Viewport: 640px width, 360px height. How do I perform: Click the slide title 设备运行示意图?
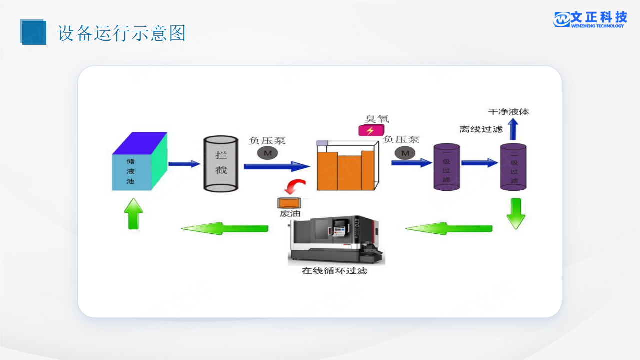coord(121,33)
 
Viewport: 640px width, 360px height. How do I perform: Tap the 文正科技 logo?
coord(590,19)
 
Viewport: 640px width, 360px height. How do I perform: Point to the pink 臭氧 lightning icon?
coord(371,131)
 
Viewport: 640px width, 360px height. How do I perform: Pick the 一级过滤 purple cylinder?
coord(446,167)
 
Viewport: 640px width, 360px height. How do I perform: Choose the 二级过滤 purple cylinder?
coord(513,167)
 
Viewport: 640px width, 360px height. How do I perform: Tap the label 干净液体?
coord(508,112)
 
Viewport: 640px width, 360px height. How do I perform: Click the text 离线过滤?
coord(481,129)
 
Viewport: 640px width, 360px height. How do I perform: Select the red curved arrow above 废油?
coord(294,187)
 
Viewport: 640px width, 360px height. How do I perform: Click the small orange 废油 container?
coord(289,203)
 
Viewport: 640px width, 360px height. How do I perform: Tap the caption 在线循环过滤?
coord(334,271)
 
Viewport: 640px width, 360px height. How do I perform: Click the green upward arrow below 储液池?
coord(133,213)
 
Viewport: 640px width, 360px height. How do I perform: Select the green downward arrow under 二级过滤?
coord(516,213)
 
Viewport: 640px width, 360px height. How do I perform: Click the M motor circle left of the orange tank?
coord(267,153)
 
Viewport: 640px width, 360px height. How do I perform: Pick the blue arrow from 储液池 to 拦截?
coord(184,163)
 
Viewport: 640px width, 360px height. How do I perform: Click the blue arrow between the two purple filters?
coord(479,162)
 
